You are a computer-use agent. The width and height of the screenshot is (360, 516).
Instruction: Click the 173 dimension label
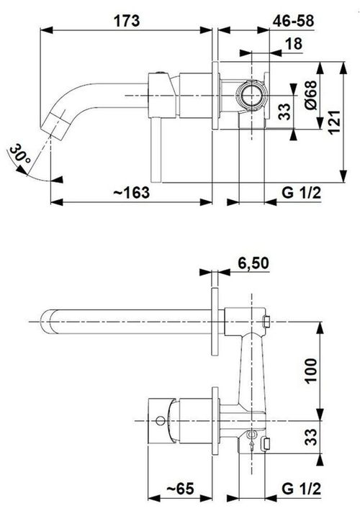127,21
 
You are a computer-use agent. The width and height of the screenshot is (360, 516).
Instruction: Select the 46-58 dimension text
293,21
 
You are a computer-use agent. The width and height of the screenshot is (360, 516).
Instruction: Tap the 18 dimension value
294,44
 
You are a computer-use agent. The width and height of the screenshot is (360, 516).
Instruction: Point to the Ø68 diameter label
310,95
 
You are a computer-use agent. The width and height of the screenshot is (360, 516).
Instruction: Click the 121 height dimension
333,122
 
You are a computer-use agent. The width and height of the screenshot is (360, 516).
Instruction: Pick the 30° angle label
20,154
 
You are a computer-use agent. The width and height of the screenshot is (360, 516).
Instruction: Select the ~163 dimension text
132,192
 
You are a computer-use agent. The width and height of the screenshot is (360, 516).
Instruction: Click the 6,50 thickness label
253,263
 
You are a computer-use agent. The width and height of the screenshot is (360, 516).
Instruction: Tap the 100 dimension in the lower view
310,371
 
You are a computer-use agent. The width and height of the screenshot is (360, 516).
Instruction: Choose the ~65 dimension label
180,489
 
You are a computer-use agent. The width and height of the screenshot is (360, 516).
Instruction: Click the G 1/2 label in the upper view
302,192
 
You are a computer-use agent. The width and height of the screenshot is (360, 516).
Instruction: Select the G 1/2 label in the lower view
302,489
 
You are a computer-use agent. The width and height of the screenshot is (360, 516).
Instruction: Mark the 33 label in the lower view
310,437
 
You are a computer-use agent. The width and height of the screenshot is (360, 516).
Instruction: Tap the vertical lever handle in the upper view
156,149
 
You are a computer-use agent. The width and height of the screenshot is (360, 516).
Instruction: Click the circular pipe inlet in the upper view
251,95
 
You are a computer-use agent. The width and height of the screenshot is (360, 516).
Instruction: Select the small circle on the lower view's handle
161,420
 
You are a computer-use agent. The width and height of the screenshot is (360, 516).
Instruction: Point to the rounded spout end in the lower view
47,322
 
